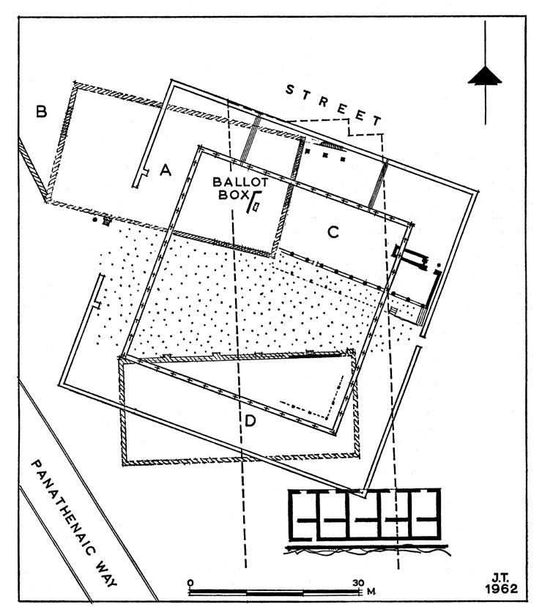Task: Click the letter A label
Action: coord(166,171)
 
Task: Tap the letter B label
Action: coord(42,112)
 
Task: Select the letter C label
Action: coord(333,232)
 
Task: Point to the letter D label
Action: coord(250,421)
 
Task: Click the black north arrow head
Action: coord(486,76)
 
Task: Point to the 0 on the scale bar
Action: coord(190,583)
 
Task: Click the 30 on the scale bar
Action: coord(358,583)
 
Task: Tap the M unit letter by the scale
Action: coord(372,590)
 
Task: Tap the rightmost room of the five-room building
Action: coord(424,515)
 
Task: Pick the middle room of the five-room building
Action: coord(364,515)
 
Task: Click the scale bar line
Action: coord(275,592)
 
